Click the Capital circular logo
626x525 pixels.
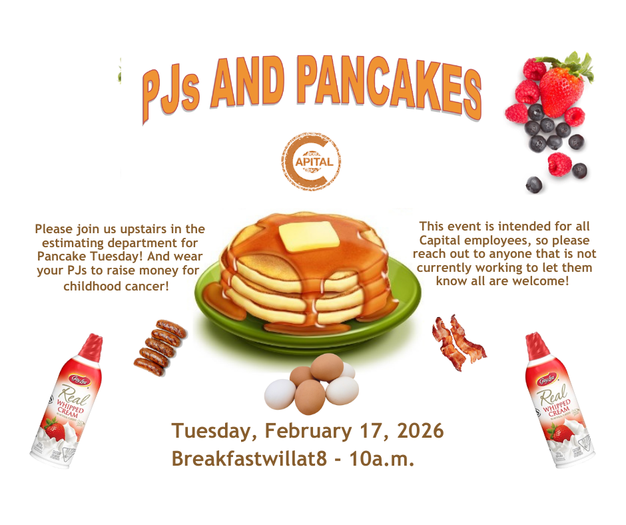[x=311, y=161]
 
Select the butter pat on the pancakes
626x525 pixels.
[x=308, y=236]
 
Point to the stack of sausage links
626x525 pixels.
[x=160, y=348]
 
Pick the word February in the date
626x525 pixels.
[x=308, y=430]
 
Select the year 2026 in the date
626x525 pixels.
[x=420, y=430]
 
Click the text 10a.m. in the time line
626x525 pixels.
[x=382, y=458]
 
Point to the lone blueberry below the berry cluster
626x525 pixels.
[x=534, y=185]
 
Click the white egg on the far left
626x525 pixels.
[x=280, y=394]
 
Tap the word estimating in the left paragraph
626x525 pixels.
[x=73, y=243]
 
